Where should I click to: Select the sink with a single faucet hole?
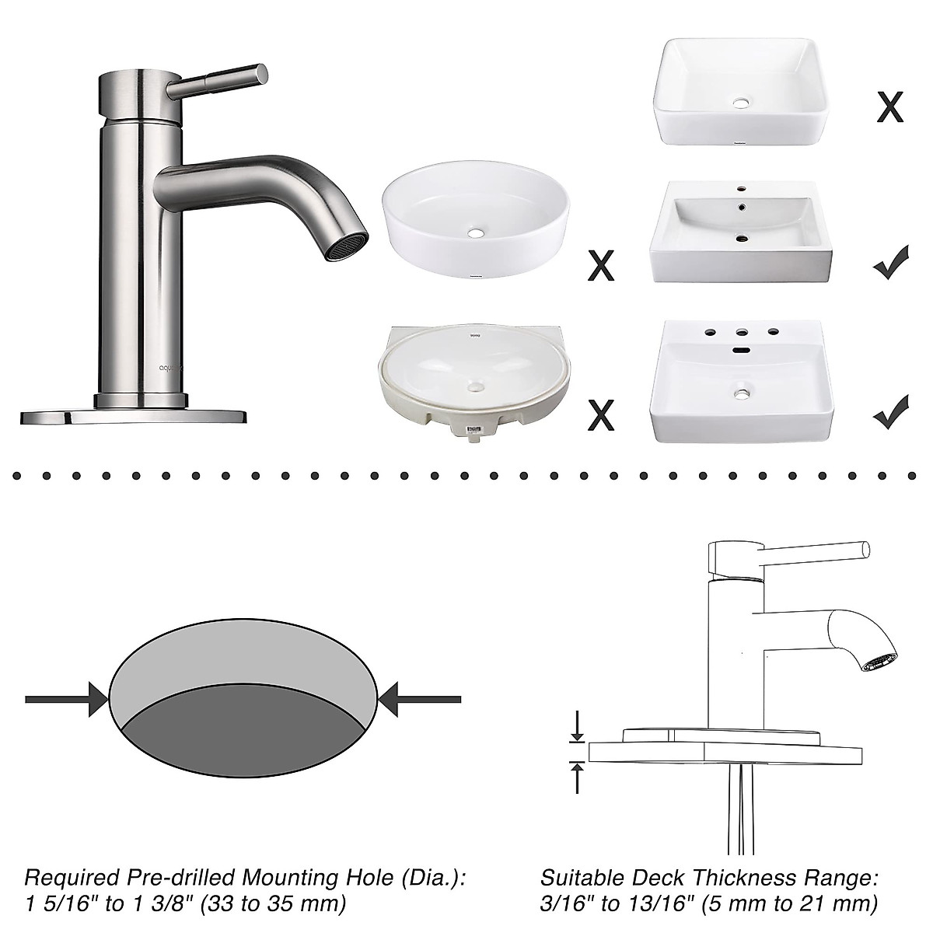pos(740,231)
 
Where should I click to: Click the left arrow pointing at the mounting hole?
pos(66,699)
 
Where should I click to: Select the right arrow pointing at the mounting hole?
pos(420,699)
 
